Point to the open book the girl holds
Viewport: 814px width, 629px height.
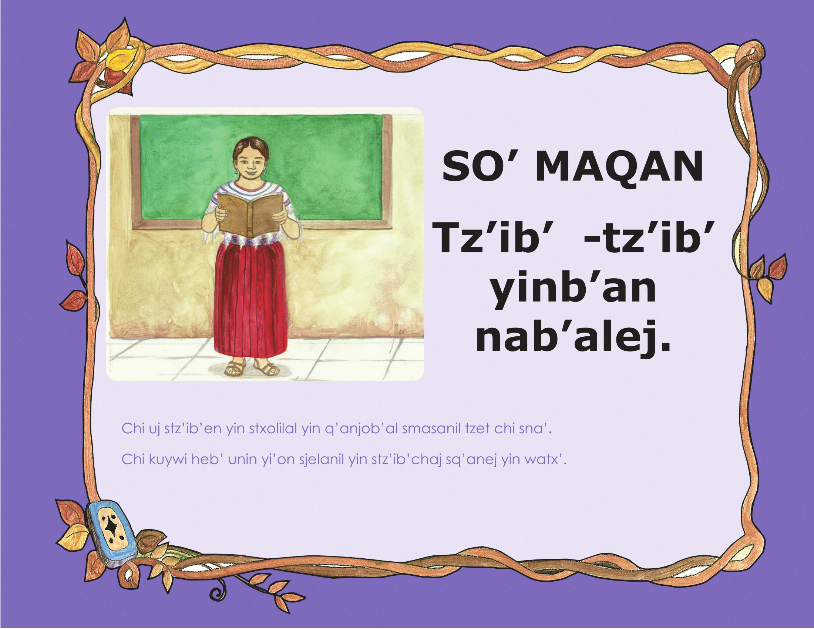[250, 215]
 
